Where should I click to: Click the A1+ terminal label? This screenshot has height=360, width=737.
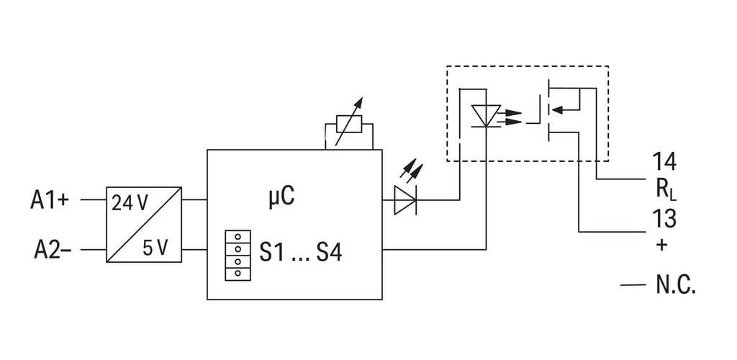click(50, 200)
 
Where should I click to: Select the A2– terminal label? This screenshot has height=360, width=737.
click(53, 250)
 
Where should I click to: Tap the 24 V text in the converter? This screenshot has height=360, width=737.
click(130, 203)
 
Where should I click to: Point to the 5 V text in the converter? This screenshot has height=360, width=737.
click(155, 248)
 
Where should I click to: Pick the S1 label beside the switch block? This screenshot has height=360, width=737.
click(272, 253)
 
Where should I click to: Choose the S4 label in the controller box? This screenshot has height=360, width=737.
click(329, 253)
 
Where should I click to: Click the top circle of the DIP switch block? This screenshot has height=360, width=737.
click(238, 236)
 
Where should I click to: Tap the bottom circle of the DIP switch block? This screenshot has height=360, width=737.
click(238, 273)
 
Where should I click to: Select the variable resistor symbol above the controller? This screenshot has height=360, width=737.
click(349, 124)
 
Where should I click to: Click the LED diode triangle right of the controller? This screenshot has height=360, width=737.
click(404, 200)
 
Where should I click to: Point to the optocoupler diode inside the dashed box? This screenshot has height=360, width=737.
click(486, 116)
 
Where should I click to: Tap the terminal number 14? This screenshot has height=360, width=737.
click(664, 162)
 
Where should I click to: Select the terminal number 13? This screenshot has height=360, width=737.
click(664, 219)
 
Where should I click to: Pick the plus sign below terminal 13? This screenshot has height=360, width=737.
click(661, 245)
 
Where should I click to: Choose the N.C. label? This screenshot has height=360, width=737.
click(675, 285)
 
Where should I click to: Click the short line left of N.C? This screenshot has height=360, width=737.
click(633, 285)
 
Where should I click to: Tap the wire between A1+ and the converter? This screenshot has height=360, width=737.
click(94, 199)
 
